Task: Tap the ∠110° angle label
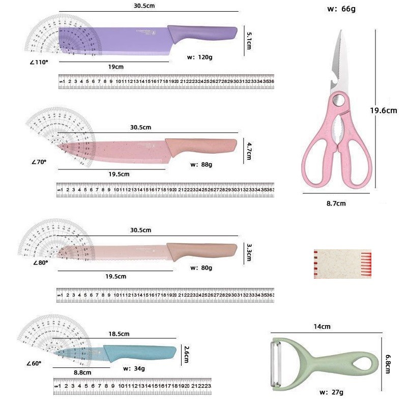point(38,63)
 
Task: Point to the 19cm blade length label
point(115,67)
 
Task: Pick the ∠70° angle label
point(38,162)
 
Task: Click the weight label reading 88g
point(201,164)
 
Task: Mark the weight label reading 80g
point(201,268)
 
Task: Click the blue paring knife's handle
point(140,352)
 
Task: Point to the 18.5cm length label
point(119,334)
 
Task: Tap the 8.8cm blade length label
point(82,372)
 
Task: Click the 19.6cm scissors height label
point(383,110)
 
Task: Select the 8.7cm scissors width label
point(336,203)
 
